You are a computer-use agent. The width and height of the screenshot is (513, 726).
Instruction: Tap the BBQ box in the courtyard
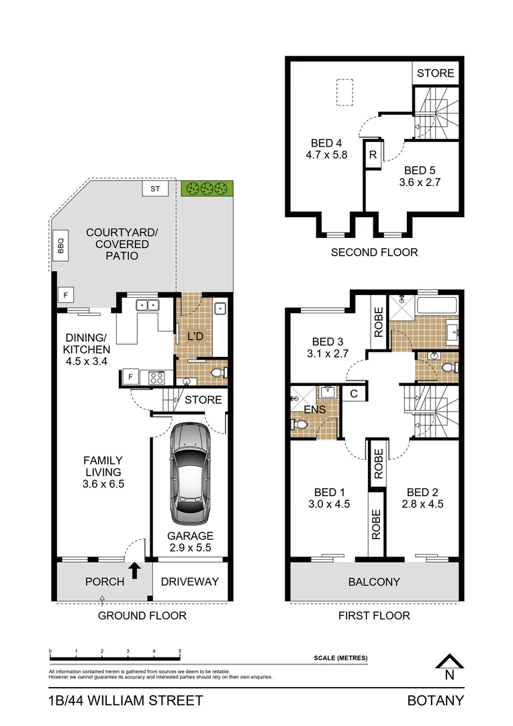(60, 241)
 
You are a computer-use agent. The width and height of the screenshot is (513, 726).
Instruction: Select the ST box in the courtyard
(155, 189)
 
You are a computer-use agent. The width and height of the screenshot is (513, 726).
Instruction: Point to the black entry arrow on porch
(135, 571)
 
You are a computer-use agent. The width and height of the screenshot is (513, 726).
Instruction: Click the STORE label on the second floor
(435, 73)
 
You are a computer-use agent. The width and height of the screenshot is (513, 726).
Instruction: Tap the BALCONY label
(375, 582)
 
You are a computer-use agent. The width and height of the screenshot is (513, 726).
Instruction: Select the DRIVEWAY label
(193, 581)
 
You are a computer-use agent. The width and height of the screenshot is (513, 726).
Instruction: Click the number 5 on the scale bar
(180, 651)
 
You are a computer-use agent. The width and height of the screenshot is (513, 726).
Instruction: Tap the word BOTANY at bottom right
(436, 700)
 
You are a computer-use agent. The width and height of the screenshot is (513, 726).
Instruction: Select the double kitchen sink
(147, 305)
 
